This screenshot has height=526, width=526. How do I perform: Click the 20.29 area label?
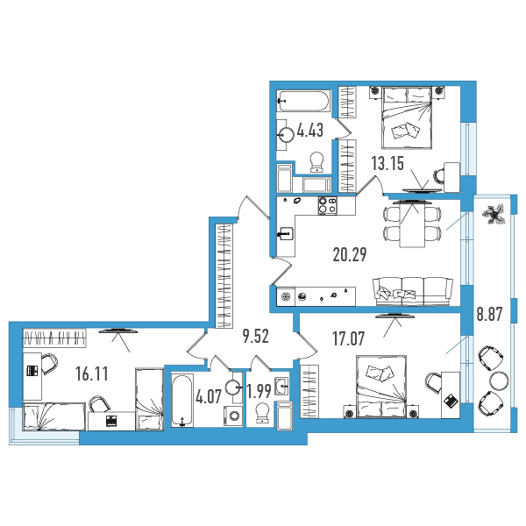click(350, 254)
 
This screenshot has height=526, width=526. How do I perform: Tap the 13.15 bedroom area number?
click(387, 163)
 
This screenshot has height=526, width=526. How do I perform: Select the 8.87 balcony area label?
click(489, 315)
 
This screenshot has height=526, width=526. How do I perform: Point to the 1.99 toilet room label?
click(259, 390)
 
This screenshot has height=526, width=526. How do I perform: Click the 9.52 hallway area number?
click(256, 337)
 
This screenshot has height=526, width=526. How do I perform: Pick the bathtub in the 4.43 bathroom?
click(303, 101)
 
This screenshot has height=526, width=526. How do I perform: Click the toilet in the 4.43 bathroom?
click(317, 162)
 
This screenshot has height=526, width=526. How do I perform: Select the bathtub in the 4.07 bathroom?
click(182, 401)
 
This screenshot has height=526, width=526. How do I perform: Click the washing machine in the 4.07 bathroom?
click(233, 416)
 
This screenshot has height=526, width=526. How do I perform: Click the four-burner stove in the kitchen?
click(327, 205)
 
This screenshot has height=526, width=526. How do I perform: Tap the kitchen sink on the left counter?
click(286, 234)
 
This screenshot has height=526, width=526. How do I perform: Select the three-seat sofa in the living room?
click(413, 291)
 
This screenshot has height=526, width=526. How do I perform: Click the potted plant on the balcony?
click(494, 215)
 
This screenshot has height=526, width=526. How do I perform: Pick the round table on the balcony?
click(499, 380)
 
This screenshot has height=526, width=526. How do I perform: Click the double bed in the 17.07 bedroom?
click(381, 387)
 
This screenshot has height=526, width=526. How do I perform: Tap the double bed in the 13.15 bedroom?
click(407, 117)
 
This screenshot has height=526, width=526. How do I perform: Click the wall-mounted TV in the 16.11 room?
click(118, 331)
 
